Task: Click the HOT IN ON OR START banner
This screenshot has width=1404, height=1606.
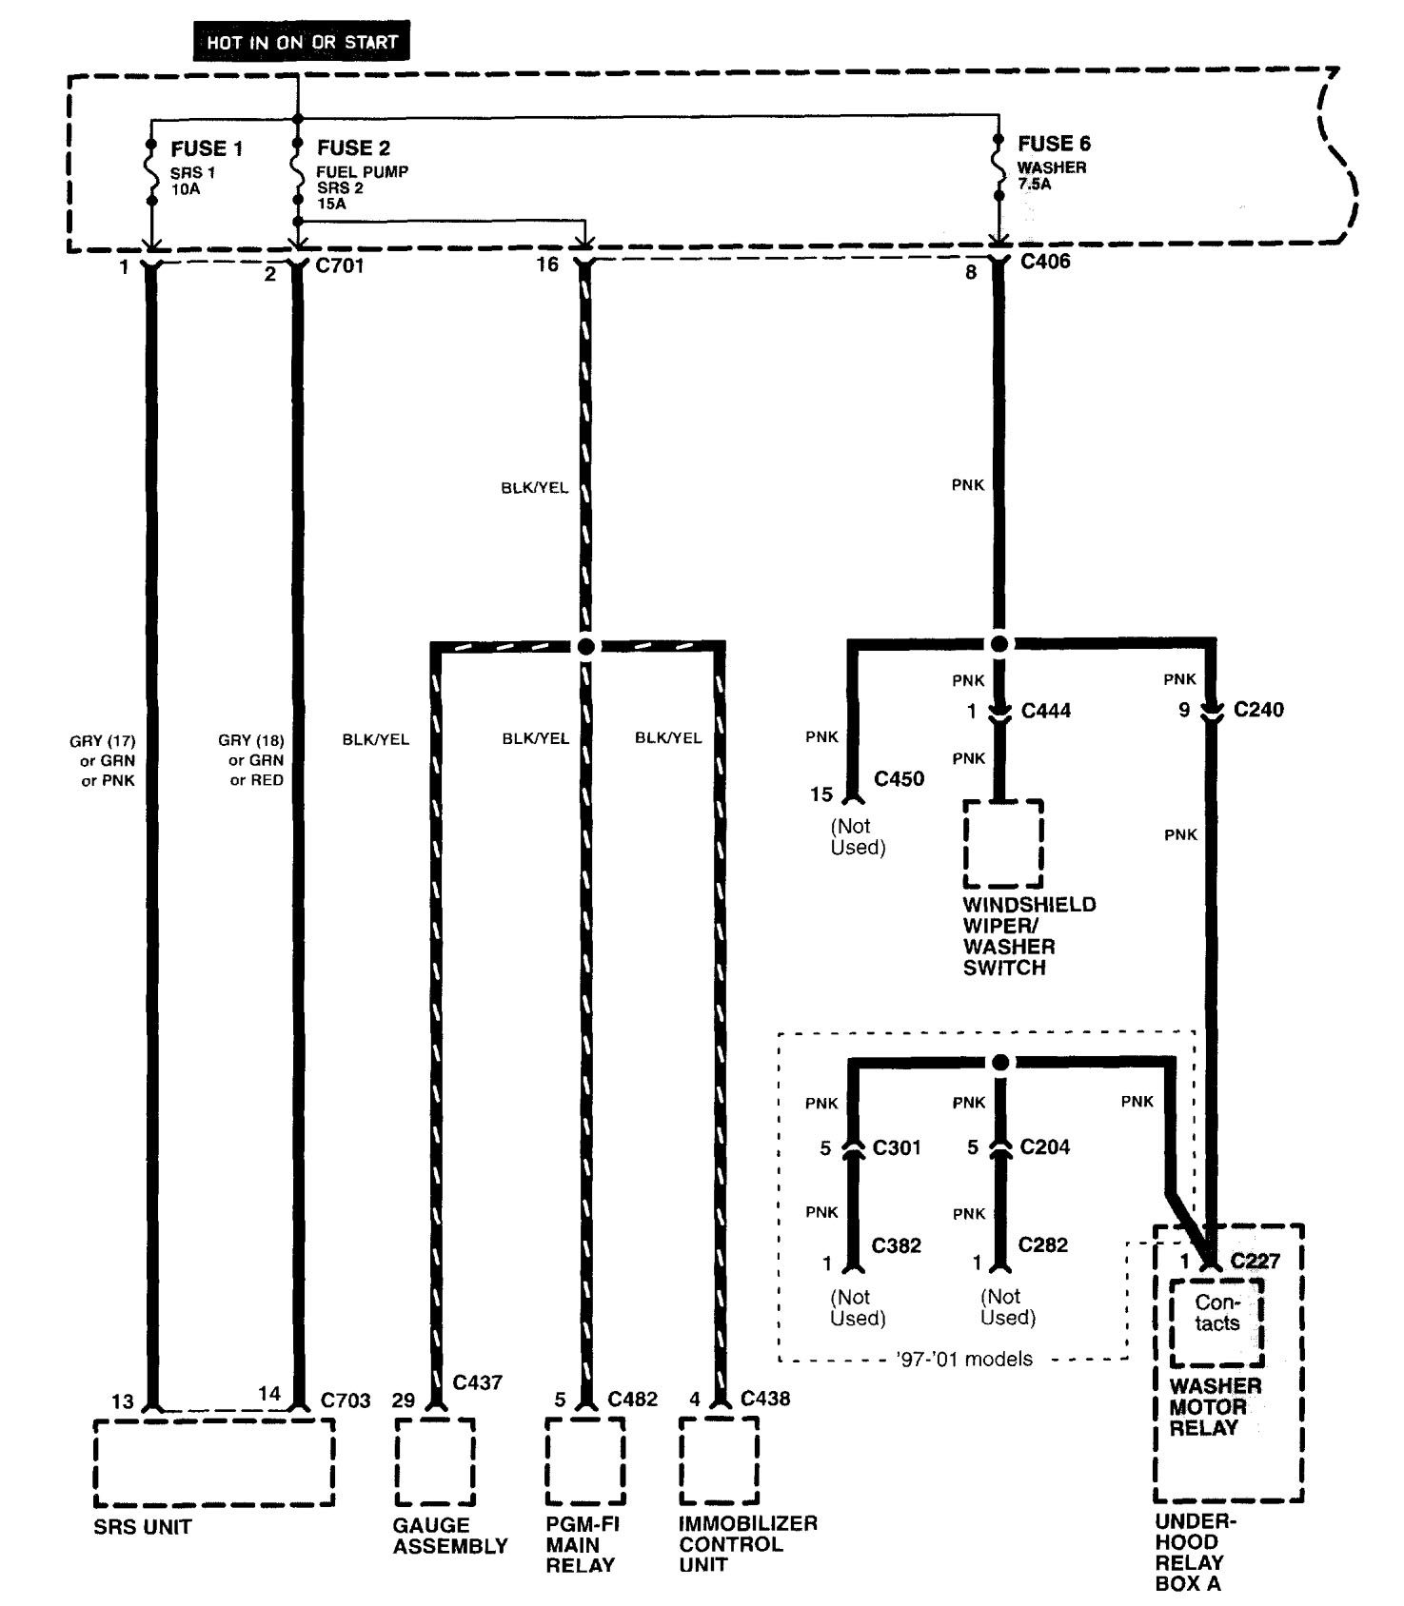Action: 302,43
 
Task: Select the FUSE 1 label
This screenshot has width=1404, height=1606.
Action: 207,148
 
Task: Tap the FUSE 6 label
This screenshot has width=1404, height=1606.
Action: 1054,144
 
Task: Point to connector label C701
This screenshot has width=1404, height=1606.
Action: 339,265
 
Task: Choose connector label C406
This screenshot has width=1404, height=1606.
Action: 1045,262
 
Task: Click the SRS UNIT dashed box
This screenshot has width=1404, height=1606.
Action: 214,1462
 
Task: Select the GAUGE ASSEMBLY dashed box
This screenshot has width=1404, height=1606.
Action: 434,1462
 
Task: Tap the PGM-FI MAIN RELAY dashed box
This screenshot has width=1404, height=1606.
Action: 585,1462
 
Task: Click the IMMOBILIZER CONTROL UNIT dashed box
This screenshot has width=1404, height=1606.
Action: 720,1462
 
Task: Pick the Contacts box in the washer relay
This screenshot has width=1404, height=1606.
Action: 1217,1322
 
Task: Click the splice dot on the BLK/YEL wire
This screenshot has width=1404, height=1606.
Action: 585,647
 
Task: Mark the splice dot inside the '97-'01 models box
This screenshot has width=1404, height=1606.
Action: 999,1063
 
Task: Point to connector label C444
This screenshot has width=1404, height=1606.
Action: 1046,711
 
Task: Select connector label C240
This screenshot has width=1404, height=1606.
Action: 1258,710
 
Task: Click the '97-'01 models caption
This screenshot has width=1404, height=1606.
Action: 964,1359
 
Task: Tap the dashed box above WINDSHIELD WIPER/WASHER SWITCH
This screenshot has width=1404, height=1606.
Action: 1003,843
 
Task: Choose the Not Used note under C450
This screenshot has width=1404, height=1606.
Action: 858,837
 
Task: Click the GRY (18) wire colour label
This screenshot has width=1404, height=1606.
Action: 251,740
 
